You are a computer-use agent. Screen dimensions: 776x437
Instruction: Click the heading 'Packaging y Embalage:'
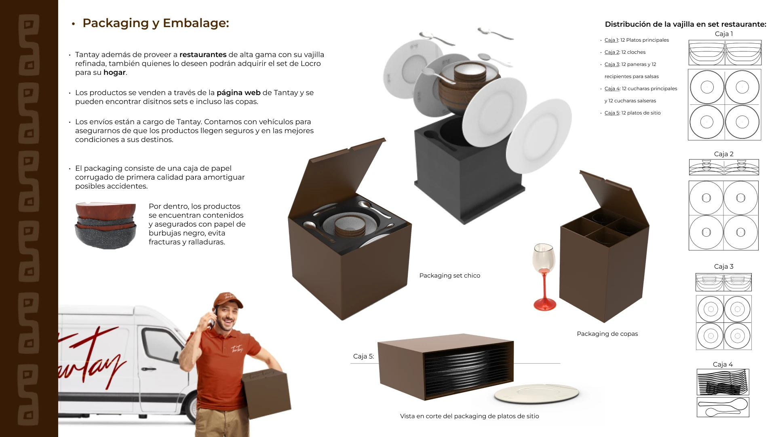click(x=156, y=23)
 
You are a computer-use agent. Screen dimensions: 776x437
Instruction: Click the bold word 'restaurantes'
click(x=203, y=55)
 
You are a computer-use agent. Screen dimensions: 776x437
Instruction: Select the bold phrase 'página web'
click(x=238, y=93)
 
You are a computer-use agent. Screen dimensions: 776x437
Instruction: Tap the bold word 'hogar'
click(x=114, y=72)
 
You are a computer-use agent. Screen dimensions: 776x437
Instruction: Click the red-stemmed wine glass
click(x=544, y=277)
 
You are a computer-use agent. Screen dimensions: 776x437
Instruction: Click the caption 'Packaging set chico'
click(x=450, y=276)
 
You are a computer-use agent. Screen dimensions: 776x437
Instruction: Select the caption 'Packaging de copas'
click(x=607, y=334)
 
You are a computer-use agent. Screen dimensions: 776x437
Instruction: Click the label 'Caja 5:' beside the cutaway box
click(x=363, y=356)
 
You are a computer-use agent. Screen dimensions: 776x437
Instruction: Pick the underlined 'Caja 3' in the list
click(x=612, y=64)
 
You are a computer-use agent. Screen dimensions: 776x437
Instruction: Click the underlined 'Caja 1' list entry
click(x=611, y=40)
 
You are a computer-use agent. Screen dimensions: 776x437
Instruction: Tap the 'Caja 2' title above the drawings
click(x=723, y=154)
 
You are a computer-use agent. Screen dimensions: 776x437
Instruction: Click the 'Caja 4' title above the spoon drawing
click(x=723, y=365)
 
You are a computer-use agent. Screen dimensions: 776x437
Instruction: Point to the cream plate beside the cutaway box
click(x=536, y=393)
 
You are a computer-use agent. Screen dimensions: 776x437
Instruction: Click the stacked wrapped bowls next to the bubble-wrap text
click(x=105, y=225)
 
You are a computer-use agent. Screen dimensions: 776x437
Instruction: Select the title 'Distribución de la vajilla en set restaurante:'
click(x=685, y=24)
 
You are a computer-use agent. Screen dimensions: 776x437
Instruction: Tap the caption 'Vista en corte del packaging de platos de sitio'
click(x=469, y=416)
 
